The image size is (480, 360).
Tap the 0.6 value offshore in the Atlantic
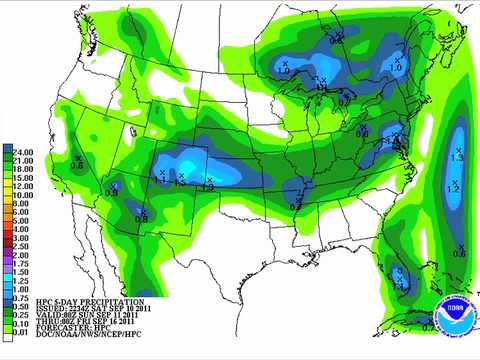459,253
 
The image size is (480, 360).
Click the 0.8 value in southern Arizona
142,217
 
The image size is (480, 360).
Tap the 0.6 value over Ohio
361,133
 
